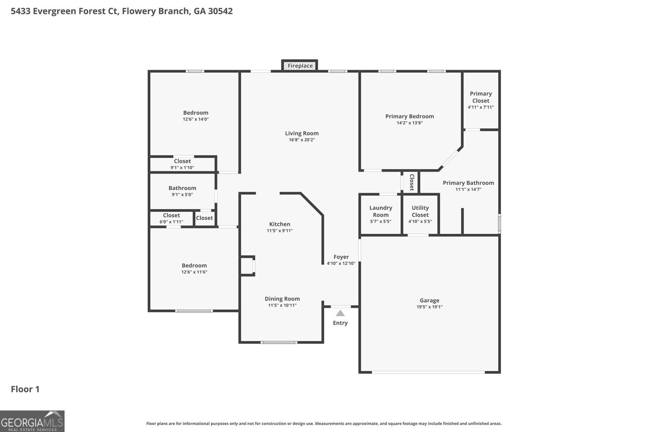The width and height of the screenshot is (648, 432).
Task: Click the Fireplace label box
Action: click(x=300, y=66)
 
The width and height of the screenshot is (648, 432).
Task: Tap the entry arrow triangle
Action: click(x=340, y=313)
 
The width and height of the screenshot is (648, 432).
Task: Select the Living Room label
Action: click(x=302, y=133)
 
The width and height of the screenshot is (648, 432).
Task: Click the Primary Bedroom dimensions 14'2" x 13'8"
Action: click(x=409, y=123)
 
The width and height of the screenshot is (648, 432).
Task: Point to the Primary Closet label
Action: click(x=481, y=97)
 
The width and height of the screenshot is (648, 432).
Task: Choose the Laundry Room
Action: click(x=381, y=214)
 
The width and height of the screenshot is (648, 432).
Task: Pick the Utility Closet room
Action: click(x=420, y=214)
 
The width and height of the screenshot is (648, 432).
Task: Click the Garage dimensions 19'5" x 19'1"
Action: click(x=429, y=307)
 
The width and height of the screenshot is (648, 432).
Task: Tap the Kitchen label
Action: click(x=279, y=224)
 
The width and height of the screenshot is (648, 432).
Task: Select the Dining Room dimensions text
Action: click(x=282, y=306)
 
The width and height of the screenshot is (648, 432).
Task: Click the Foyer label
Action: click(x=341, y=257)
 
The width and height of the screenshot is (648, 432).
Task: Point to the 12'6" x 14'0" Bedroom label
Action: click(x=196, y=113)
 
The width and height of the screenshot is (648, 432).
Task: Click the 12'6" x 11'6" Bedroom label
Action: click(x=194, y=266)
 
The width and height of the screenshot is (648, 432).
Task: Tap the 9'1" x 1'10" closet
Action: click(x=182, y=164)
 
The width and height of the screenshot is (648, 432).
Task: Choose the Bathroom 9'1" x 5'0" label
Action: click(x=182, y=188)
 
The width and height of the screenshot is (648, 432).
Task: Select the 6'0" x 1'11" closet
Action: click(x=171, y=218)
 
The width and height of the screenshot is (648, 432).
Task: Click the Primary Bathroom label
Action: click(x=468, y=183)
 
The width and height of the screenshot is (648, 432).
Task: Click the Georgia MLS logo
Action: click(x=32, y=421)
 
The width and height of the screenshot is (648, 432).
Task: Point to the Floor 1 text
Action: click(x=25, y=389)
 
